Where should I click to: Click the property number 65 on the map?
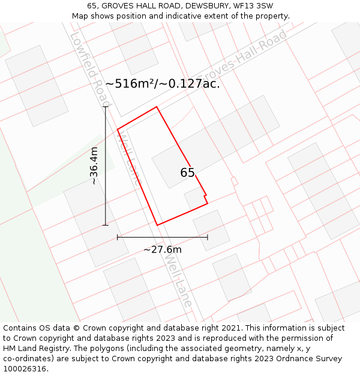pos(188,173)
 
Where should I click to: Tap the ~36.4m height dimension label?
pos(94,166)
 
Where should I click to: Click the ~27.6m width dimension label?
pos(162,250)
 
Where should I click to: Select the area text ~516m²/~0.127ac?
pos(163,84)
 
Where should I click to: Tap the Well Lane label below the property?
pos(178,282)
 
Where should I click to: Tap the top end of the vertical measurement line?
pos(106,107)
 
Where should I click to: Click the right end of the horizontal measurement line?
pos(208,237)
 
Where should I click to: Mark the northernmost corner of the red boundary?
pos(157,107)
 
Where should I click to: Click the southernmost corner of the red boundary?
pos(157,225)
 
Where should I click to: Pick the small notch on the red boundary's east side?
pos(206,196)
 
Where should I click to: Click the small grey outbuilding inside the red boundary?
pos(194,199)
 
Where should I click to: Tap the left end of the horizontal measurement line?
pos(118,237)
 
